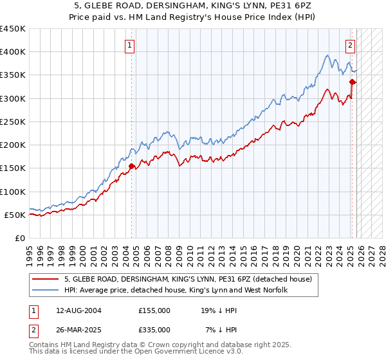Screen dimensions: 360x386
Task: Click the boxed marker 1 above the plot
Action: click(131, 45)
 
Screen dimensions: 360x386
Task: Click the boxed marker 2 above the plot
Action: click(350, 45)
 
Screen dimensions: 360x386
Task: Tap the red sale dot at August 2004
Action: click(131, 166)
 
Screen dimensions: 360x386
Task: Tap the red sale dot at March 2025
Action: click(353, 82)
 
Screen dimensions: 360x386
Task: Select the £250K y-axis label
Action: click(14, 122)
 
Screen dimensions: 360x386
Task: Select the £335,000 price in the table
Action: click(154, 329)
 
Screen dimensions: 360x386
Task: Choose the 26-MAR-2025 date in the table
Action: click(78, 329)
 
